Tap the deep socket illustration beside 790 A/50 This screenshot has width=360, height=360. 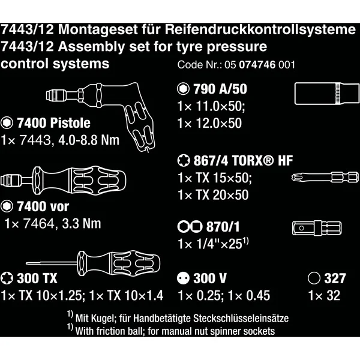tap(327, 94)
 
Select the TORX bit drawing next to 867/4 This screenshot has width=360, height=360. tap(325, 177)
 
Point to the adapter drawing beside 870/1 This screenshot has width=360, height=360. tap(317, 228)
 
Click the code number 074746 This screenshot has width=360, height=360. tap(257, 65)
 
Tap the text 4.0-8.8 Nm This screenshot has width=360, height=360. tap(89, 140)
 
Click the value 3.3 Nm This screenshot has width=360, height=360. tap(82, 224)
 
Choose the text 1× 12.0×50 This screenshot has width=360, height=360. tap(209, 123)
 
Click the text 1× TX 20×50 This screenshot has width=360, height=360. tap(213, 195)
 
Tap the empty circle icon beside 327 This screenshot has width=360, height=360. tap(314, 278)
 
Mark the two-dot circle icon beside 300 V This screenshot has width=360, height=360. tap(183, 278)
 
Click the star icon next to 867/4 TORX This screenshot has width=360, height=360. tap(184, 160)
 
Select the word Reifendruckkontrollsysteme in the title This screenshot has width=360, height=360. tap(260, 30)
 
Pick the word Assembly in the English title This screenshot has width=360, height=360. tap(91, 47)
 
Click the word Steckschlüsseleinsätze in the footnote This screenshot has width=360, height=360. tap(241, 319)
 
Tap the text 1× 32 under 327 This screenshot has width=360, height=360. tap(324, 295)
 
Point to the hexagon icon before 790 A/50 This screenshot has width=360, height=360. tap(183, 89)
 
